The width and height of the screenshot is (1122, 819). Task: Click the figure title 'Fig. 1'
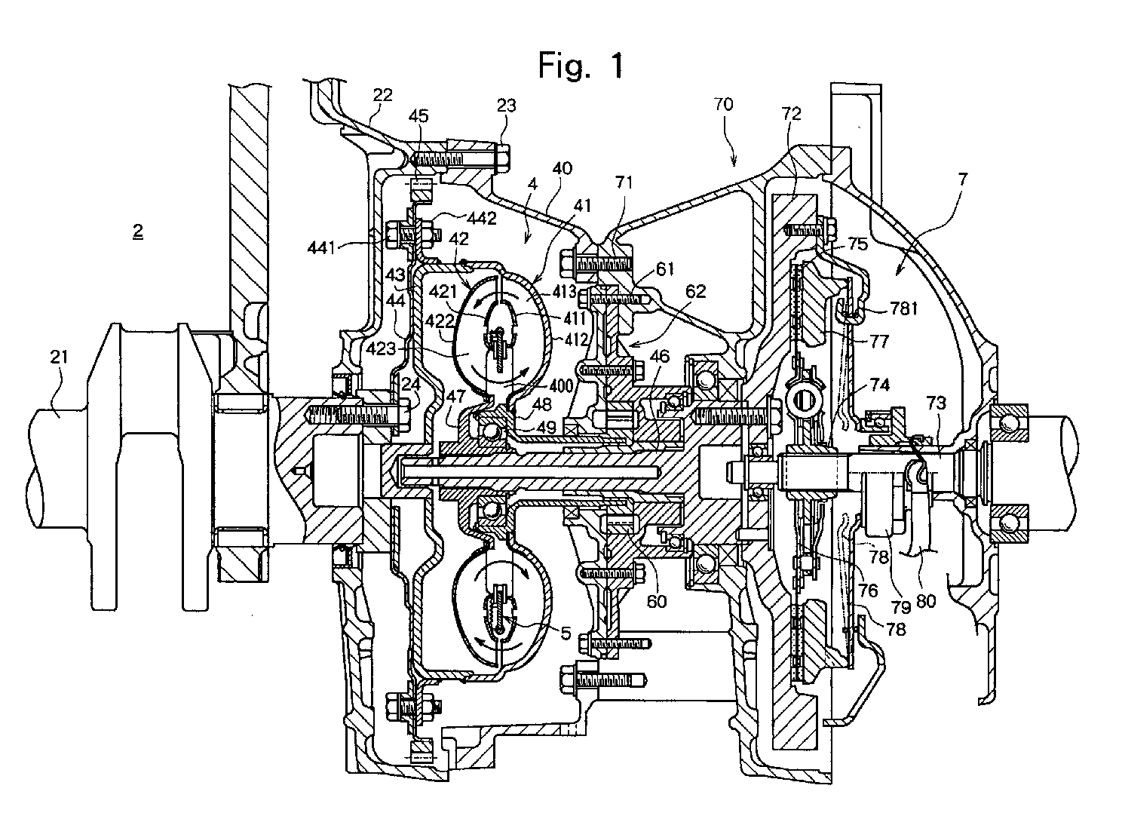pos(581,65)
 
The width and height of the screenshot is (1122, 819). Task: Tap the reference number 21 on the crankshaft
pos(59,357)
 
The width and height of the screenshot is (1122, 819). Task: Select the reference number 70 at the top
pos(723,104)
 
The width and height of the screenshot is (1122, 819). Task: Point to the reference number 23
pos(506,106)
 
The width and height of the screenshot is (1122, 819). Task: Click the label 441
pos(321,247)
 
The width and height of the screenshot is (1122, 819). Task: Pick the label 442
pos(481,219)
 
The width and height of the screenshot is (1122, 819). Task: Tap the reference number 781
pos(903,308)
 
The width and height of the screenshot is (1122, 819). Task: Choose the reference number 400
pos(560,385)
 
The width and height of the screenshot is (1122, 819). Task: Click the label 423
pos(382,348)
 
